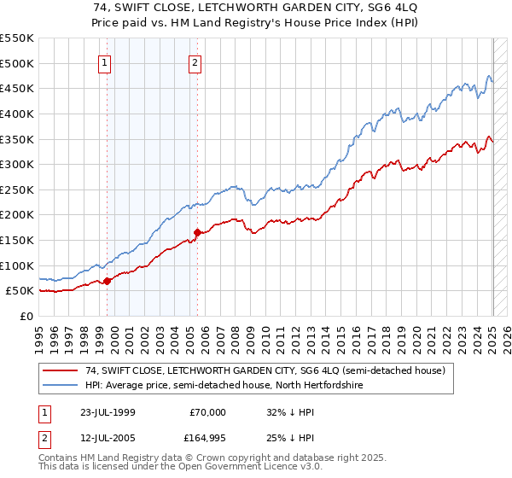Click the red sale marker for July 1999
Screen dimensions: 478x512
point(108,280)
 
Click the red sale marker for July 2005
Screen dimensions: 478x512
point(198,232)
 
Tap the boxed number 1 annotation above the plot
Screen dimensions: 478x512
point(104,61)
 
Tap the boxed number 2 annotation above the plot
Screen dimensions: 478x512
point(195,61)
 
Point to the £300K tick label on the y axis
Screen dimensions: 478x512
point(17,164)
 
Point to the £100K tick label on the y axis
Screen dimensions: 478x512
point(17,265)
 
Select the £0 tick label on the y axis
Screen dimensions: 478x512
point(25,316)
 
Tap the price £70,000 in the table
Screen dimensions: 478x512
point(207,412)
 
